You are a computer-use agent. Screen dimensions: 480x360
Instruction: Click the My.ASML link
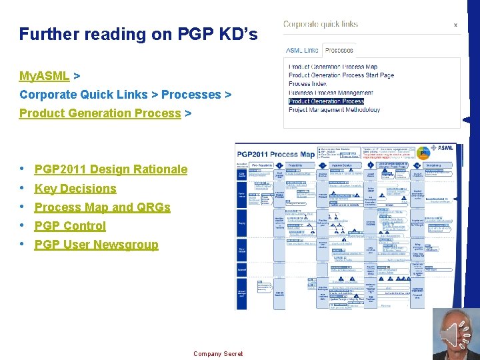pyautogui.click(x=44, y=76)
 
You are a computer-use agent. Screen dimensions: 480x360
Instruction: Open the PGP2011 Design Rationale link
pyautogui.click(x=111, y=169)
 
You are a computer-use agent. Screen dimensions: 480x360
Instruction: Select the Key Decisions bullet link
pyautogui.click(x=75, y=189)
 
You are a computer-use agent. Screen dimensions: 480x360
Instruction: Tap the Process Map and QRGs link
pyautogui.click(x=102, y=207)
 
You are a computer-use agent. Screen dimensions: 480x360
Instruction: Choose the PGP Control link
pyautogui.click(x=70, y=226)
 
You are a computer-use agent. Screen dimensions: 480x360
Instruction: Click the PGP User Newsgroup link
pyautogui.click(x=96, y=245)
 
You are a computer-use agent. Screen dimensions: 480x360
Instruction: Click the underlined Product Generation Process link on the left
pyautogui.click(x=100, y=113)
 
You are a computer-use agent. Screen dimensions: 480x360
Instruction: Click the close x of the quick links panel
pyautogui.click(x=455, y=25)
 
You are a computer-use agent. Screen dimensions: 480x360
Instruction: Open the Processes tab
pyautogui.click(x=339, y=50)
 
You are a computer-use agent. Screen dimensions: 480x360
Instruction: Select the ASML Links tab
pyautogui.click(x=302, y=50)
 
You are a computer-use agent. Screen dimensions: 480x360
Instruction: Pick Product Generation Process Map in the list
pyautogui.click(x=333, y=67)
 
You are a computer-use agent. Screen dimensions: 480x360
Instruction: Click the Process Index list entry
pyautogui.click(x=309, y=84)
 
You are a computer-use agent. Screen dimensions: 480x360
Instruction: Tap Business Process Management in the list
pyautogui.click(x=331, y=93)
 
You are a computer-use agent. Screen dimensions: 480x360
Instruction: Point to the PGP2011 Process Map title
pyautogui.click(x=274, y=155)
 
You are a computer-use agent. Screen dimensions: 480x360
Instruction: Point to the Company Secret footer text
pyautogui.click(x=218, y=354)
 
